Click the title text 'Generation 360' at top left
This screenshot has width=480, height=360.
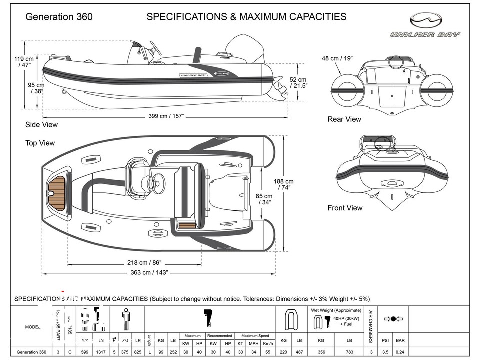point(59,17)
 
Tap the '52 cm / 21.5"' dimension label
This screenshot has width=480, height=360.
point(298,82)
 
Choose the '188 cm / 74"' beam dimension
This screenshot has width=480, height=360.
point(284,184)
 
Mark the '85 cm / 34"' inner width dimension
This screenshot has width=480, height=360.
point(264,199)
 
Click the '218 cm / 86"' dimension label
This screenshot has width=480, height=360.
point(144,262)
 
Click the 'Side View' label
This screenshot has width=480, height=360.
point(41,125)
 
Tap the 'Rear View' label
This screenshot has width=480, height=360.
point(344,119)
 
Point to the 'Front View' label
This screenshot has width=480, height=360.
point(345,208)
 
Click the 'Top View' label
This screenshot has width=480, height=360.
point(40,143)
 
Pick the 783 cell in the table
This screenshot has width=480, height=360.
point(349,352)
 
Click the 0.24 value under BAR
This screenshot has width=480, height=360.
point(400,352)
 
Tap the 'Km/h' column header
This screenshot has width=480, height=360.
point(267,343)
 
